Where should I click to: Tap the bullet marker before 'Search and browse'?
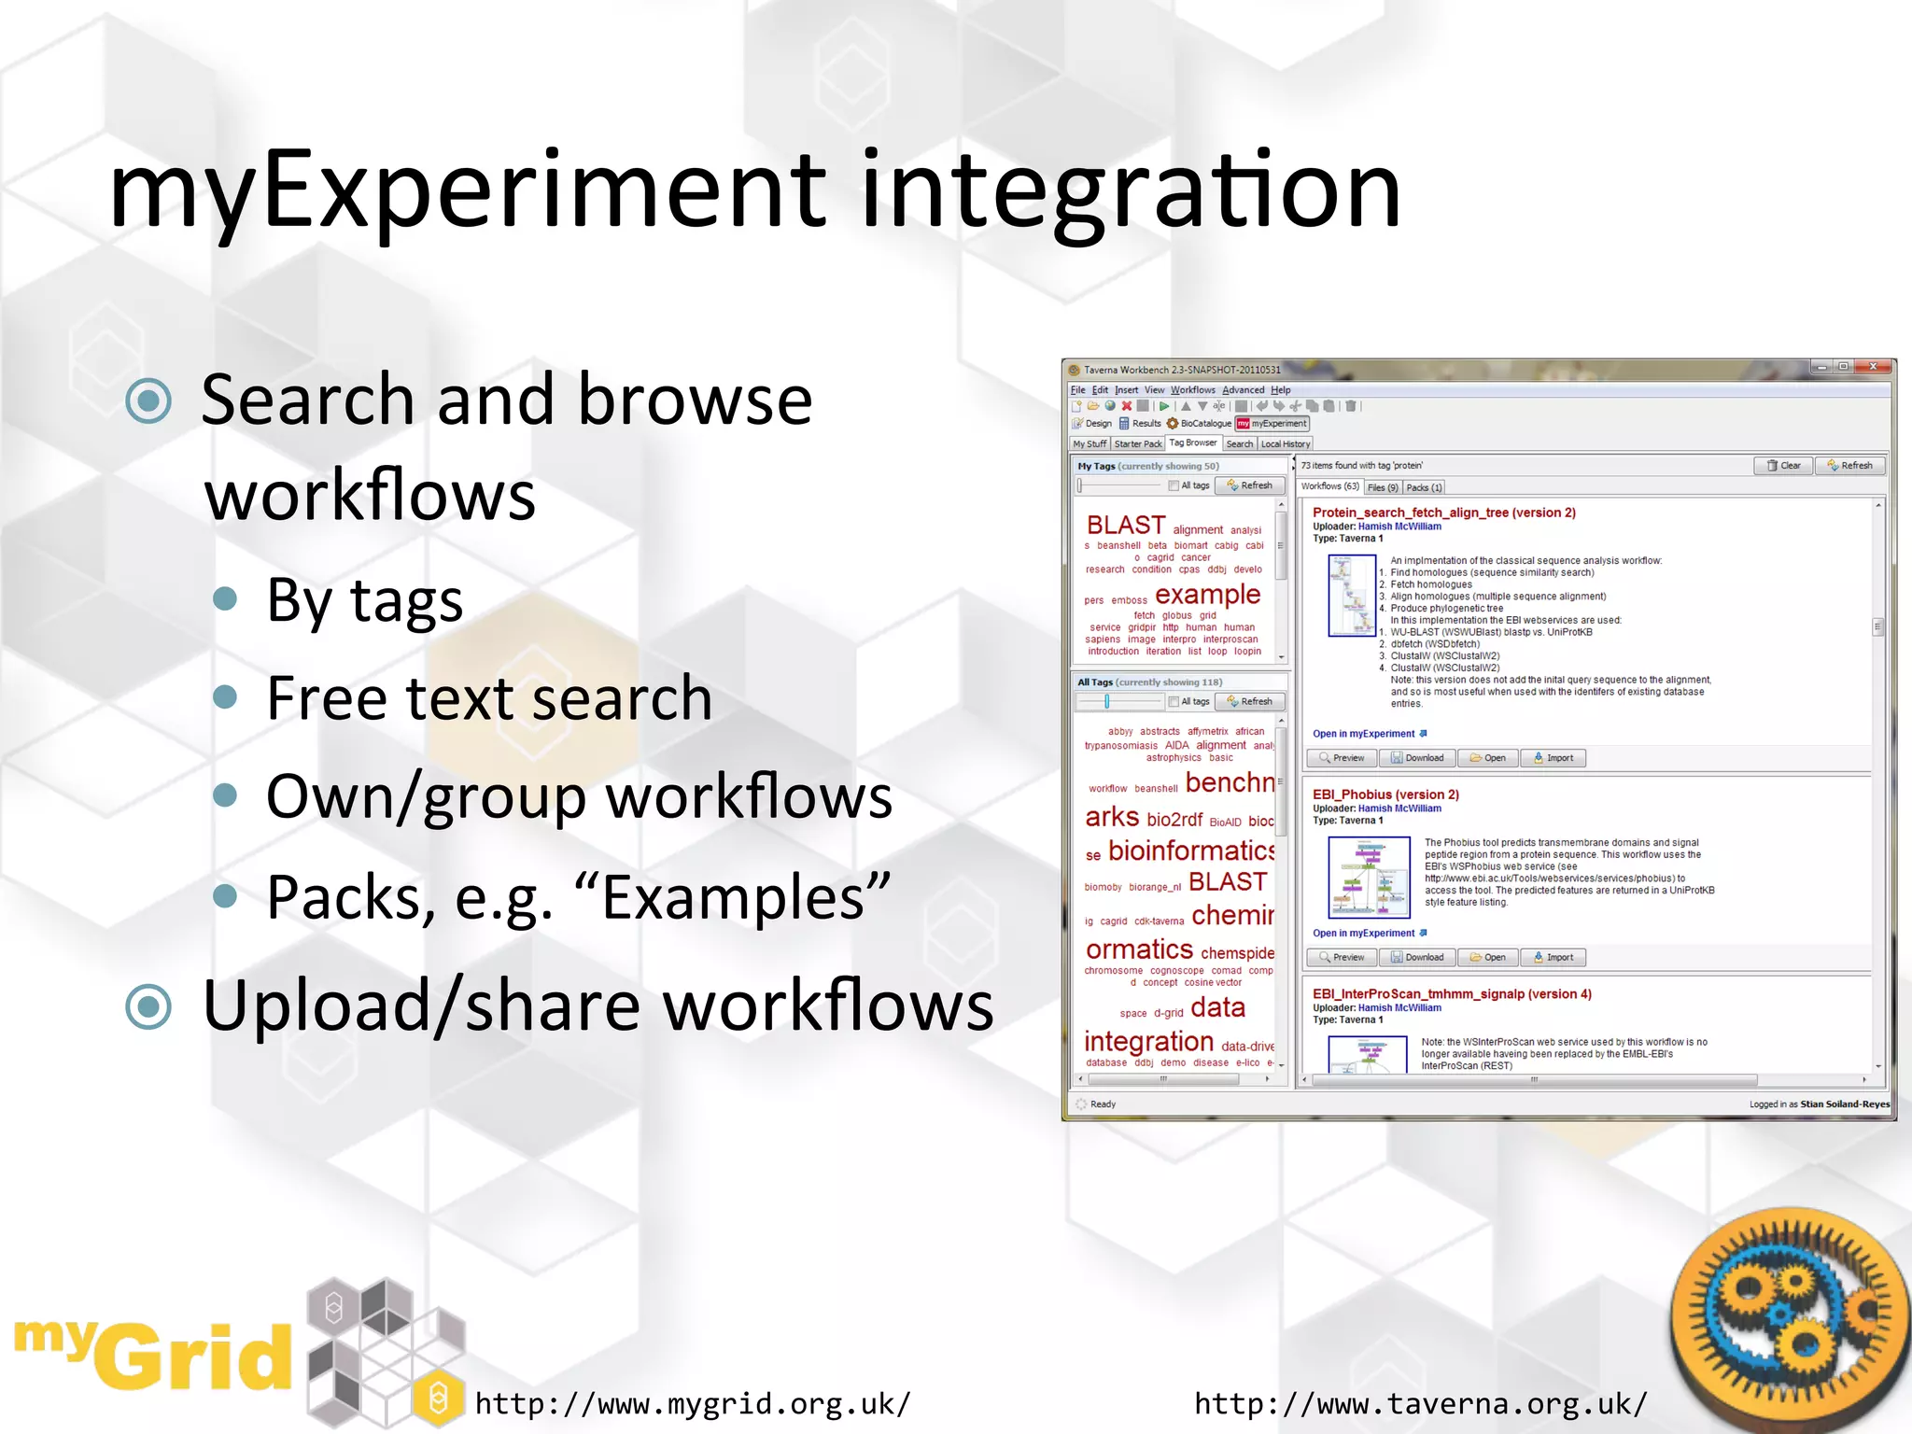pos(148,401)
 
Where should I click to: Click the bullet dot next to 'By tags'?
pos(225,598)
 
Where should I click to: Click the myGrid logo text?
pos(154,1354)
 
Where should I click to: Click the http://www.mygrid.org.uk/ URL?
pos(692,1403)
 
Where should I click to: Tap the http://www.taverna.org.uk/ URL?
pos(1420,1403)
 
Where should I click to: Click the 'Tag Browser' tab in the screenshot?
pos(1192,443)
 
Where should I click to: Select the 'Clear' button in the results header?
pos(1783,466)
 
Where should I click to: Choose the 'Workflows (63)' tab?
pos(1329,486)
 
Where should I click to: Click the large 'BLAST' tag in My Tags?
pos(1125,526)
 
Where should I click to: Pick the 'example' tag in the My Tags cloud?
pos(1207,595)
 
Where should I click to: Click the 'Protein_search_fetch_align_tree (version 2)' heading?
pos(1443,513)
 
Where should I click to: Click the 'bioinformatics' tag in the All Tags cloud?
pos(1190,851)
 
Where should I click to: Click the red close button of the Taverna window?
pos(1872,367)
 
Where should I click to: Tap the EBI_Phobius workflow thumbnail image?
pos(1369,877)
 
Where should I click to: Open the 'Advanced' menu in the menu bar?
pos(1243,390)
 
